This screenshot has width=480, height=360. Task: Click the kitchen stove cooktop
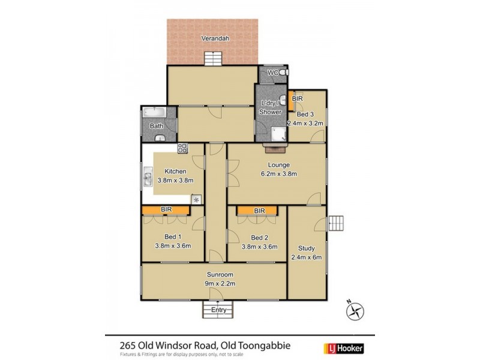click(182, 148)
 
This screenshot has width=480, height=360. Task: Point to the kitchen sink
click(148, 178)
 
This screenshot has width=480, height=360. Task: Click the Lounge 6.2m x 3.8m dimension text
click(279, 174)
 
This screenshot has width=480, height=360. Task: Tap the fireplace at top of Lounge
click(275, 144)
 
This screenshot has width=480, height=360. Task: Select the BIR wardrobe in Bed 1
click(166, 210)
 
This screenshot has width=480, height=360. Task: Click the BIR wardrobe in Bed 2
click(257, 211)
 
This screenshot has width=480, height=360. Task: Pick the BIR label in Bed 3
click(297, 98)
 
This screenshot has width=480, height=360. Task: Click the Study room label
click(306, 247)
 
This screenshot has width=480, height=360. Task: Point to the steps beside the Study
click(338, 225)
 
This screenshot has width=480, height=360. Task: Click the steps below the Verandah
click(213, 59)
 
